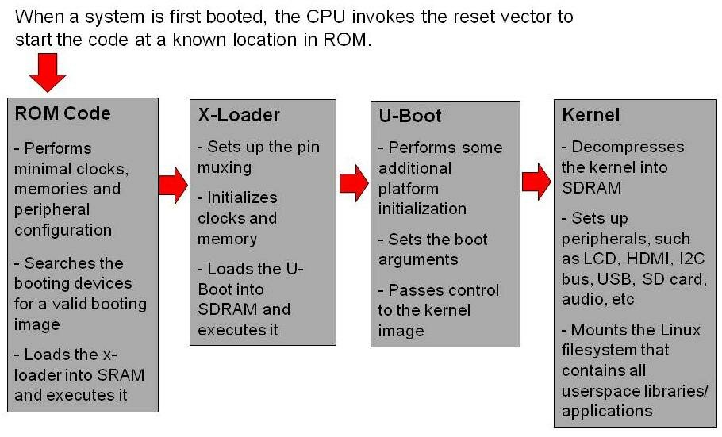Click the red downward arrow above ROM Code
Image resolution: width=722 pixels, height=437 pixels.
point(48,74)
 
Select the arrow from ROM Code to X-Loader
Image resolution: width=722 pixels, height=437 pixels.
point(173,185)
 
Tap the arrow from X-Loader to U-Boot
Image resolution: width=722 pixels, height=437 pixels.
point(354,183)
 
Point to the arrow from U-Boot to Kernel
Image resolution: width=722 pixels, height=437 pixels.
point(536,182)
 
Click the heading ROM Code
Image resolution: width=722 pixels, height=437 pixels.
point(63,113)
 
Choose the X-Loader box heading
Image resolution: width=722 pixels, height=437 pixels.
point(239,115)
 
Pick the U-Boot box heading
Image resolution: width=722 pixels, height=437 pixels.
point(410,116)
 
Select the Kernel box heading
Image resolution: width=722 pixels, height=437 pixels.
point(590,115)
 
